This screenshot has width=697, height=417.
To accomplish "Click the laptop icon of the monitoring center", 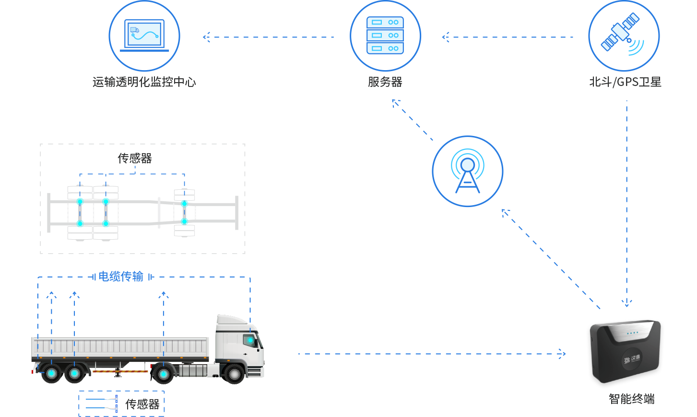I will point(144,35).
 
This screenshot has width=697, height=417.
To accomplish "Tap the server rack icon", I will point(385,36).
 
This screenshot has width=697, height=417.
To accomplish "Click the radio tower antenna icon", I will point(468,172).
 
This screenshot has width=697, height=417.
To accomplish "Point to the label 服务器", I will point(385,82).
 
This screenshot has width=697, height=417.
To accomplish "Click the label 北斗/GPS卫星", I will point(625,82).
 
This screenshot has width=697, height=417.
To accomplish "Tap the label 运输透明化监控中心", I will point(144,82).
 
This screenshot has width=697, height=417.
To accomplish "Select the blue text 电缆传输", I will point(121,276).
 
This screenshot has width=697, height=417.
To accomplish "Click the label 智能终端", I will point(631,399).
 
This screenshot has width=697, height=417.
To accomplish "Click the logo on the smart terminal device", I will point(632,359).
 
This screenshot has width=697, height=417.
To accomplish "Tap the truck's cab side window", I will point(250,340).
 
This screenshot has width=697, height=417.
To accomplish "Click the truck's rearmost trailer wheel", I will point(51,373).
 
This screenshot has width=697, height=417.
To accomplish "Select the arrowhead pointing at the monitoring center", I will point(206,37).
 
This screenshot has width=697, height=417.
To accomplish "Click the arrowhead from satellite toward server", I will point(445,37).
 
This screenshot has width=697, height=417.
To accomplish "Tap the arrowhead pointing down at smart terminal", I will point(626,303).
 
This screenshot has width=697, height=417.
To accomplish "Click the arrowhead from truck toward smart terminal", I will point(563,354).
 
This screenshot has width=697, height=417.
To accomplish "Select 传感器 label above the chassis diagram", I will point(135,158).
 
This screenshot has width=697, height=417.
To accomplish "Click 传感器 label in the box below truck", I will point(142,404).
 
